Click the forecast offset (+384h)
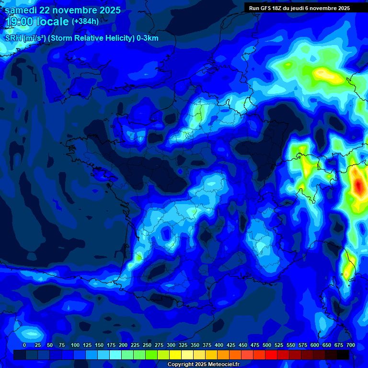click(85, 22)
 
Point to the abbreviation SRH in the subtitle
click(13, 38)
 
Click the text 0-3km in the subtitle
click(147, 38)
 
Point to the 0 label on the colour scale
click(24, 345)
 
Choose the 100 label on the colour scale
click(75, 345)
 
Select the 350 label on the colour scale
click(195, 345)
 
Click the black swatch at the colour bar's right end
click(343, 355)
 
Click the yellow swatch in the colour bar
click(175, 355)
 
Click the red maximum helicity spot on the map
click(358, 186)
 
